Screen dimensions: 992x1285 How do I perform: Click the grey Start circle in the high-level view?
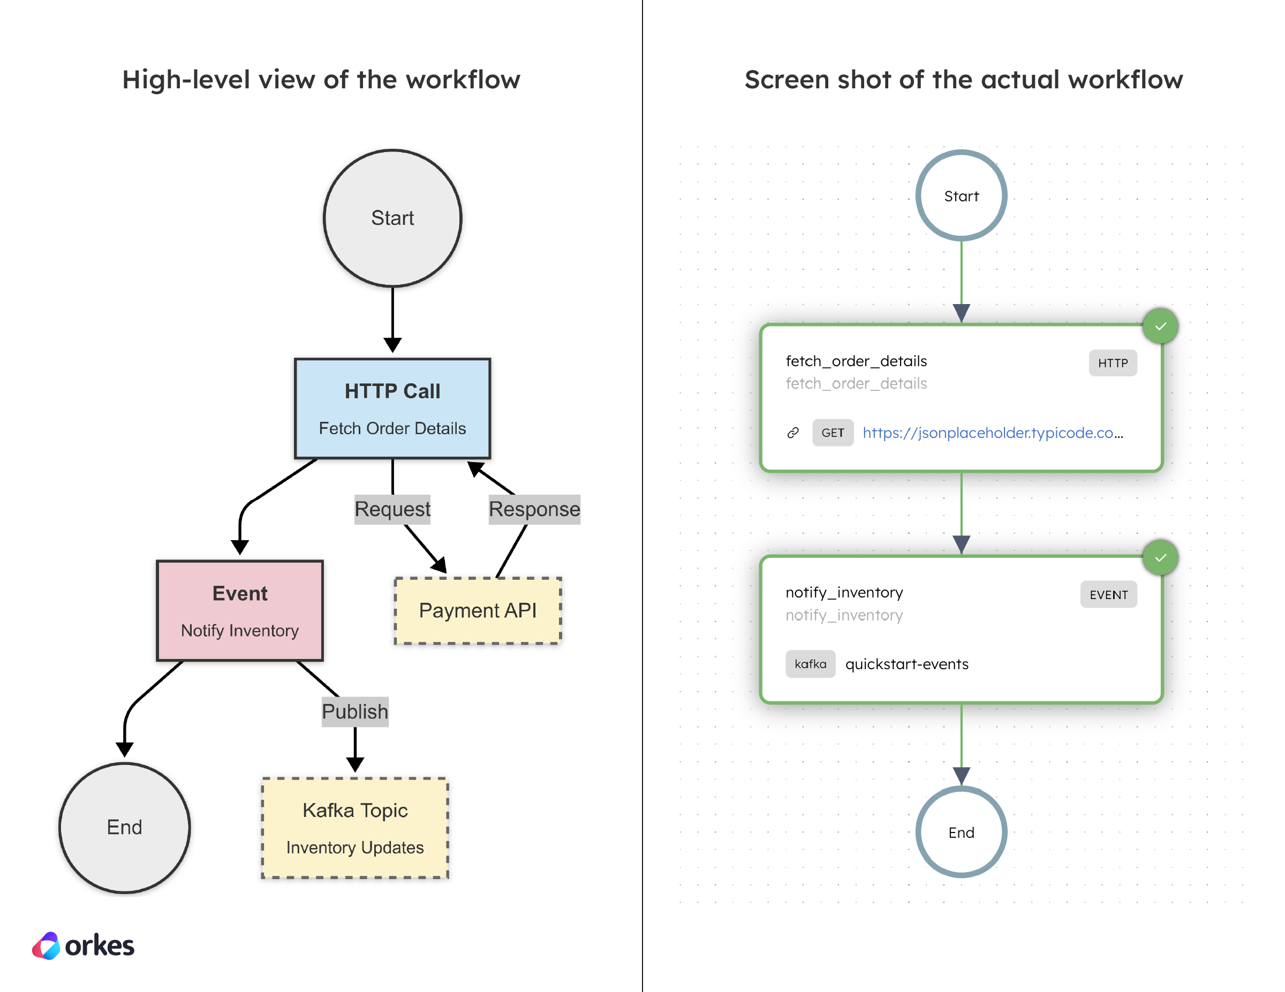[392, 218]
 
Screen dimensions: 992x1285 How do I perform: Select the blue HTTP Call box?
[392, 408]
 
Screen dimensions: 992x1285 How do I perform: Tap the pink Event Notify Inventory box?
[239, 610]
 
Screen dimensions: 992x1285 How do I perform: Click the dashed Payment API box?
[477, 611]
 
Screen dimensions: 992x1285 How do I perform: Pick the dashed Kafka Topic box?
[355, 828]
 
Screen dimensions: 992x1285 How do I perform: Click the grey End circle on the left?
[124, 827]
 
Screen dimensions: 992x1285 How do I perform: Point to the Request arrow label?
[392, 509]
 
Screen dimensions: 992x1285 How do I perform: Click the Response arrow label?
[534, 509]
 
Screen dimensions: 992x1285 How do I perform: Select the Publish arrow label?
[355, 711]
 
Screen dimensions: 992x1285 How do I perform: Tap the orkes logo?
[83, 945]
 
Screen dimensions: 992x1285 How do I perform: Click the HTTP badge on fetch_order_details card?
[1112, 363]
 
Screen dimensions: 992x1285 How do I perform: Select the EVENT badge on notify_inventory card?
[1108, 595]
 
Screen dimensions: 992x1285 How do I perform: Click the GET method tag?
[833, 433]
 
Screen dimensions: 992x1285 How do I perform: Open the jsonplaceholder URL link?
[992, 433]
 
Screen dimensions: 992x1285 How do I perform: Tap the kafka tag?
[810, 664]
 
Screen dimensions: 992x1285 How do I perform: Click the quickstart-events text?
[906, 664]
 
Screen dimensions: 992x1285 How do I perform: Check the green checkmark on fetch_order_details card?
[1160, 326]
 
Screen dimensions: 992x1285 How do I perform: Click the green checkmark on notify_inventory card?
[1160, 558]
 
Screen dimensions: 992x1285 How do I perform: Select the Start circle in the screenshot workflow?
[961, 196]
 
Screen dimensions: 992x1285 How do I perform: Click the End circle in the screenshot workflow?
[961, 832]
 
